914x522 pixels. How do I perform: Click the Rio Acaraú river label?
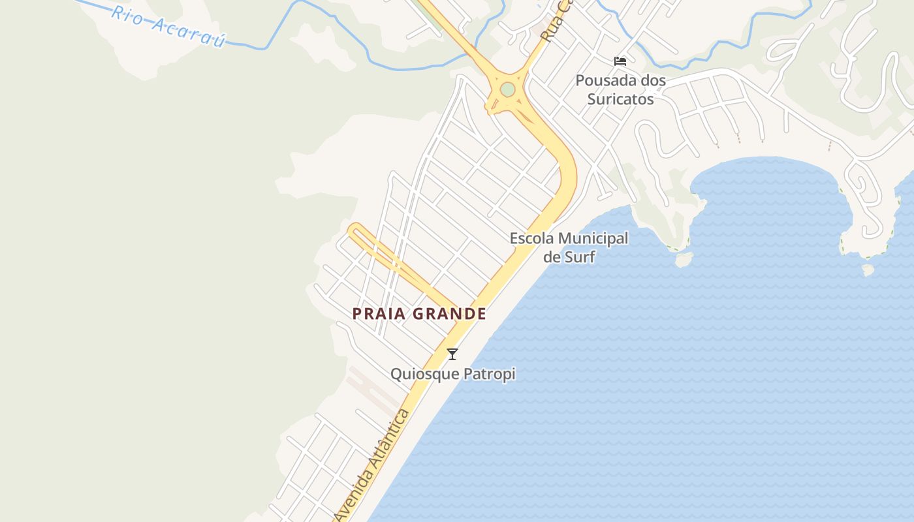click(x=168, y=27)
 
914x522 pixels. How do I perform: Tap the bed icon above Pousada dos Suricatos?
click(x=620, y=61)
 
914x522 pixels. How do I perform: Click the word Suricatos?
click(x=620, y=99)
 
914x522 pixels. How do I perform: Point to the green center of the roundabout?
click(x=507, y=90)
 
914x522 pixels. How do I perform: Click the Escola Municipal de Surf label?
click(x=569, y=247)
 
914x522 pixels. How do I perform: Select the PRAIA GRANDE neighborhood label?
click(x=419, y=314)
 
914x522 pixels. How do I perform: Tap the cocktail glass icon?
click(x=452, y=354)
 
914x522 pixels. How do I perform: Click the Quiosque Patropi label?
click(x=452, y=374)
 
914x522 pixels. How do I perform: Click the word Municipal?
click(x=593, y=239)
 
